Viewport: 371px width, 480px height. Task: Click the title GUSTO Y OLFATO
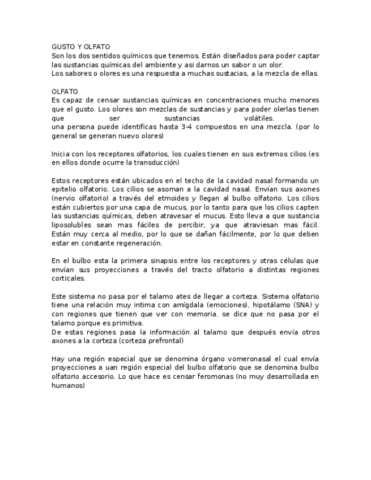click(x=80, y=46)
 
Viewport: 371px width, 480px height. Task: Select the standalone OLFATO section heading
click(x=65, y=91)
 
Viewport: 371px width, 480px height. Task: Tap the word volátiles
click(x=259, y=118)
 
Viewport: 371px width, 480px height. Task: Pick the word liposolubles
click(x=71, y=225)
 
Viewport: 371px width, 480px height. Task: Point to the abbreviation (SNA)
click(x=300, y=305)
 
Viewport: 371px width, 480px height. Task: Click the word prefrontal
click(x=164, y=341)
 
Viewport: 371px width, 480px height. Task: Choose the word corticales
click(x=68, y=278)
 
